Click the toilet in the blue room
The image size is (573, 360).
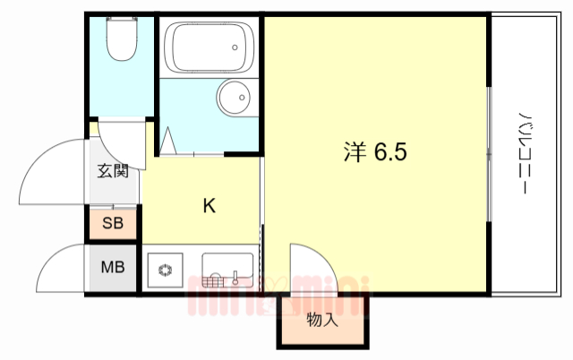(119, 39)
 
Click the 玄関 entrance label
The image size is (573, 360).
(113, 170)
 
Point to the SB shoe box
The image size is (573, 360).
(113, 223)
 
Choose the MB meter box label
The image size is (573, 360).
(113, 267)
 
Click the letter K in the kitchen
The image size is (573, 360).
(208, 206)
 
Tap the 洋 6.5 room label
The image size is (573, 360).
(375, 152)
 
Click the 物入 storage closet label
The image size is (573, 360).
(321, 321)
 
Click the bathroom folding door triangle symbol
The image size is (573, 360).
(167, 141)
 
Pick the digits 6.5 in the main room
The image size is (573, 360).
(390, 152)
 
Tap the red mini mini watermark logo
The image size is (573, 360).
(278, 296)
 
